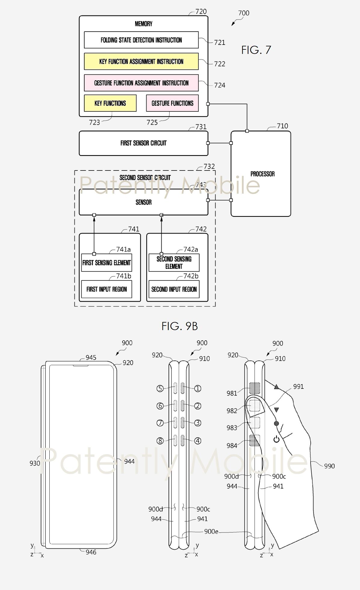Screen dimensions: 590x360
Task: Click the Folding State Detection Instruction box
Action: pos(141,40)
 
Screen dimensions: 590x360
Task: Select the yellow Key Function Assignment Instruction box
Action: pos(141,61)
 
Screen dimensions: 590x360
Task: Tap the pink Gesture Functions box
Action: pos(172,103)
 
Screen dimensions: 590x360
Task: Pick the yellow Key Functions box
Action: pos(110,103)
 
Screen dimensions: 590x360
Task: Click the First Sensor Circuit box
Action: pos(143,143)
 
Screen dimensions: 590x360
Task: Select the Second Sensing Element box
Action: pos(174,263)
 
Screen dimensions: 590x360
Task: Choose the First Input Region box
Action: pos(107,289)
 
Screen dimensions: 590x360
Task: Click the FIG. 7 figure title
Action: pos(256,50)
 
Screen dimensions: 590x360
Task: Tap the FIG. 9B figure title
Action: pos(180,326)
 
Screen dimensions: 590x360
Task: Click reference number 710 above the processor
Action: pos(282,126)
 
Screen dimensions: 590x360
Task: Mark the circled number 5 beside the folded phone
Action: pos(160,389)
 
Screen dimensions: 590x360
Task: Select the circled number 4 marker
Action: pos(197,441)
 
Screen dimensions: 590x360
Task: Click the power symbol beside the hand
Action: pos(276,439)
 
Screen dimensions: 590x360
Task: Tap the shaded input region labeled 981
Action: pos(255,388)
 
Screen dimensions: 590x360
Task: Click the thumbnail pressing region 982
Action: pos(255,406)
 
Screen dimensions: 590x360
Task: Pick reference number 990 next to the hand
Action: pos(329,466)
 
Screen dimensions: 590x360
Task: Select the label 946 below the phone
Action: pos(91,552)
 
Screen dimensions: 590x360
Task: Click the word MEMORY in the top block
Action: pos(144,24)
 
